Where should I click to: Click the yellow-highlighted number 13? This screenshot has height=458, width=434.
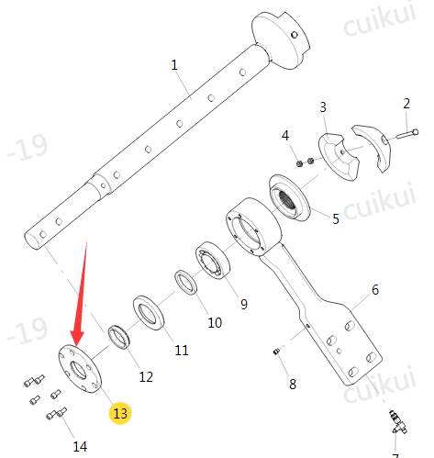[x=120, y=413]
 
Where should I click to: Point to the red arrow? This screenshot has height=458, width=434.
[x=80, y=294]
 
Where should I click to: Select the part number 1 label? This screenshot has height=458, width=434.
[x=174, y=65]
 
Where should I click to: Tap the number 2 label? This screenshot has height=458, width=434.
[x=406, y=104]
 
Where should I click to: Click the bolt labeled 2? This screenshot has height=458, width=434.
[x=407, y=134]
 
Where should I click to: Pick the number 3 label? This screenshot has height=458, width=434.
[x=323, y=107]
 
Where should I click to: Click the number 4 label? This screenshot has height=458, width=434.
[x=285, y=135]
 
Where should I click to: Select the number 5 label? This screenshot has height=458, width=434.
[x=336, y=218]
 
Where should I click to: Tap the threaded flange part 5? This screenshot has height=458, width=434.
[x=289, y=197]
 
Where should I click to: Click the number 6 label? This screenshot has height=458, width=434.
[x=375, y=289]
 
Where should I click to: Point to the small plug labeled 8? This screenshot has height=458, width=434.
[x=276, y=352]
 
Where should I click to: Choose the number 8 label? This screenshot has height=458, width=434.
[x=293, y=384]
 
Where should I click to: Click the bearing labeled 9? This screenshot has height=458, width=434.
[x=214, y=260]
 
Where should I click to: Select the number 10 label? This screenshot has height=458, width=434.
[x=215, y=322]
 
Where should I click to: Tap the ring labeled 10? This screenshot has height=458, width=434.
[x=186, y=283]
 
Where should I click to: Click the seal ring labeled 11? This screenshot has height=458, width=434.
[x=149, y=312]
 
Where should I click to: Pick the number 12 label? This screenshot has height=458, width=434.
[x=146, y=376]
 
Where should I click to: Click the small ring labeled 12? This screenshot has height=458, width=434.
[x=119, y=337]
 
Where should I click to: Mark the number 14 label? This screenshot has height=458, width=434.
[x=80, y=447]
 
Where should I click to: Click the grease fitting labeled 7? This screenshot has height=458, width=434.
[x=397, y=422]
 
